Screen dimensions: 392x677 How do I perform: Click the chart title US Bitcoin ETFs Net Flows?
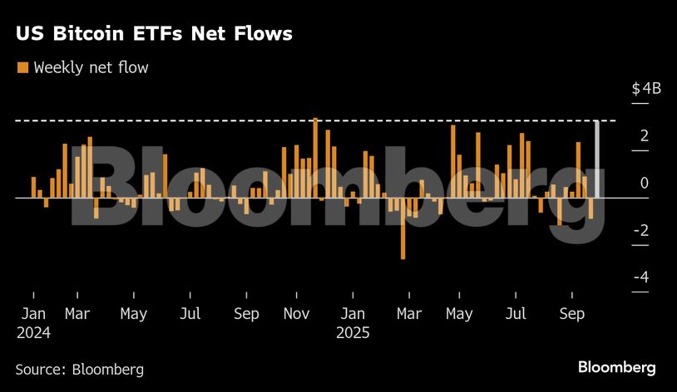[x=153, y=34]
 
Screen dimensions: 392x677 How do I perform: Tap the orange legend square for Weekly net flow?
[x=22, y=67]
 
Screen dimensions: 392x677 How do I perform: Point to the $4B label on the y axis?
[x=645, y=89]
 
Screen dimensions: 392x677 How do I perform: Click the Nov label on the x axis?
[x=297, y=315]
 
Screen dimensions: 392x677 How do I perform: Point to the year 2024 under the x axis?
[x=33, y=333]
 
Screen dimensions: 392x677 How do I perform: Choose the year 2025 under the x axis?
[x=353, y=333]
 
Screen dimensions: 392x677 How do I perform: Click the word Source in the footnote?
[x=40, y=369]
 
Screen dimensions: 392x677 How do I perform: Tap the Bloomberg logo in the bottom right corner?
[x=616, y=367]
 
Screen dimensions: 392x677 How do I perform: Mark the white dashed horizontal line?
[x=250, y=121]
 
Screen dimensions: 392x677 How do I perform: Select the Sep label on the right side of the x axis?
[x=571, y=315]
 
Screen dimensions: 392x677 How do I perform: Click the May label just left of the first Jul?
[x=133, y=315]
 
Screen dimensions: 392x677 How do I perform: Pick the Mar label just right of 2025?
[x=408, y=315]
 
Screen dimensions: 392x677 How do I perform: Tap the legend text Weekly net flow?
[x=91, y=67]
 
